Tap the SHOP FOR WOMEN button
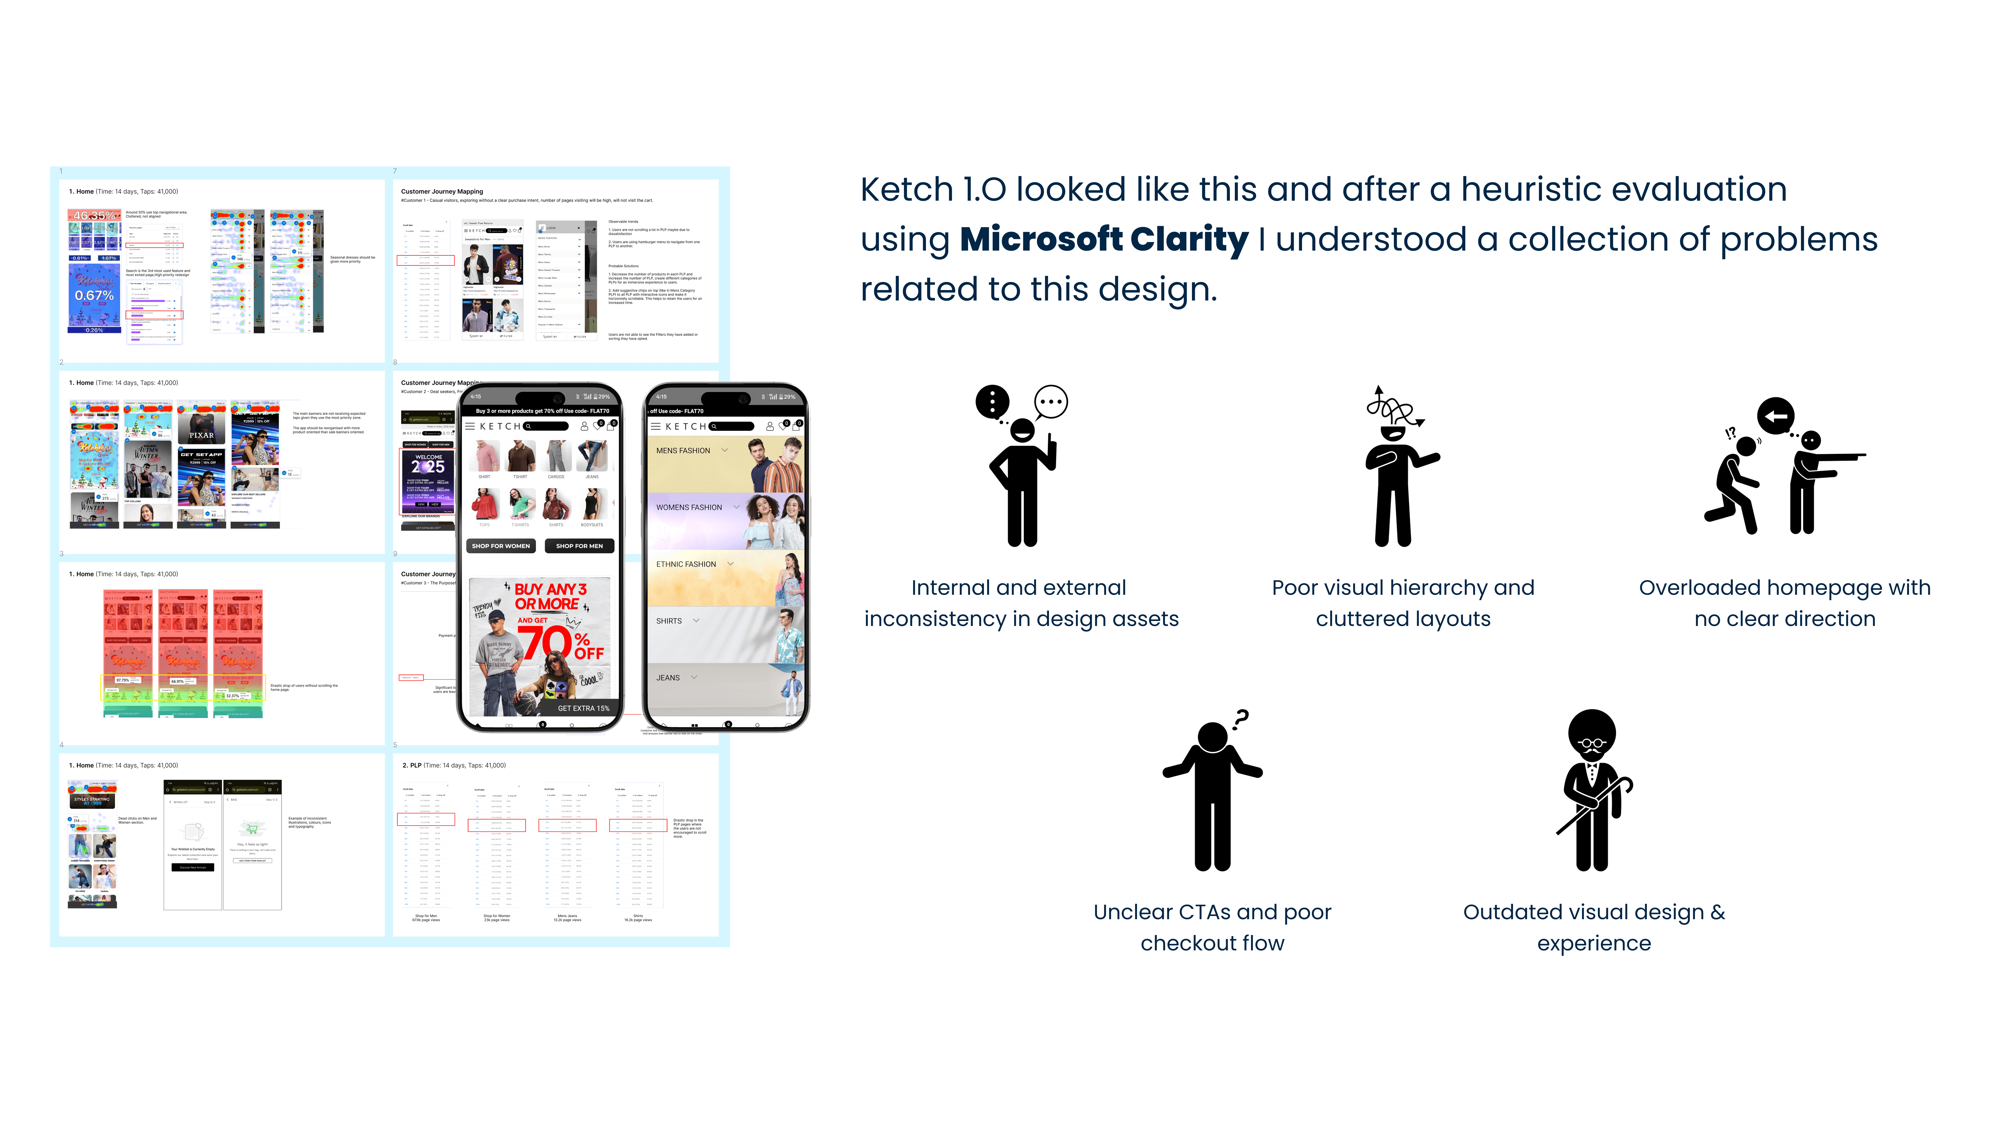pos(501,546)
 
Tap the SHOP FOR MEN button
pos(579,546)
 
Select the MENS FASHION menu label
pos(683,450)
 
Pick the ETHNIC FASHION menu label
pos(686,564)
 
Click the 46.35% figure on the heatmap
pos(94,215)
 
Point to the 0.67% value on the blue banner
pos(94,295)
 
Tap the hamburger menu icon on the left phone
pos(470,426)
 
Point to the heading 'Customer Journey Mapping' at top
pos(442,191)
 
